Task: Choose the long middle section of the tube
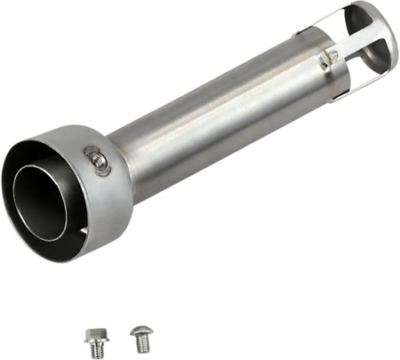pyautogui.click(x=213, y=116)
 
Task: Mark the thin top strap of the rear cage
pyautogui.click(x=342, y=11)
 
